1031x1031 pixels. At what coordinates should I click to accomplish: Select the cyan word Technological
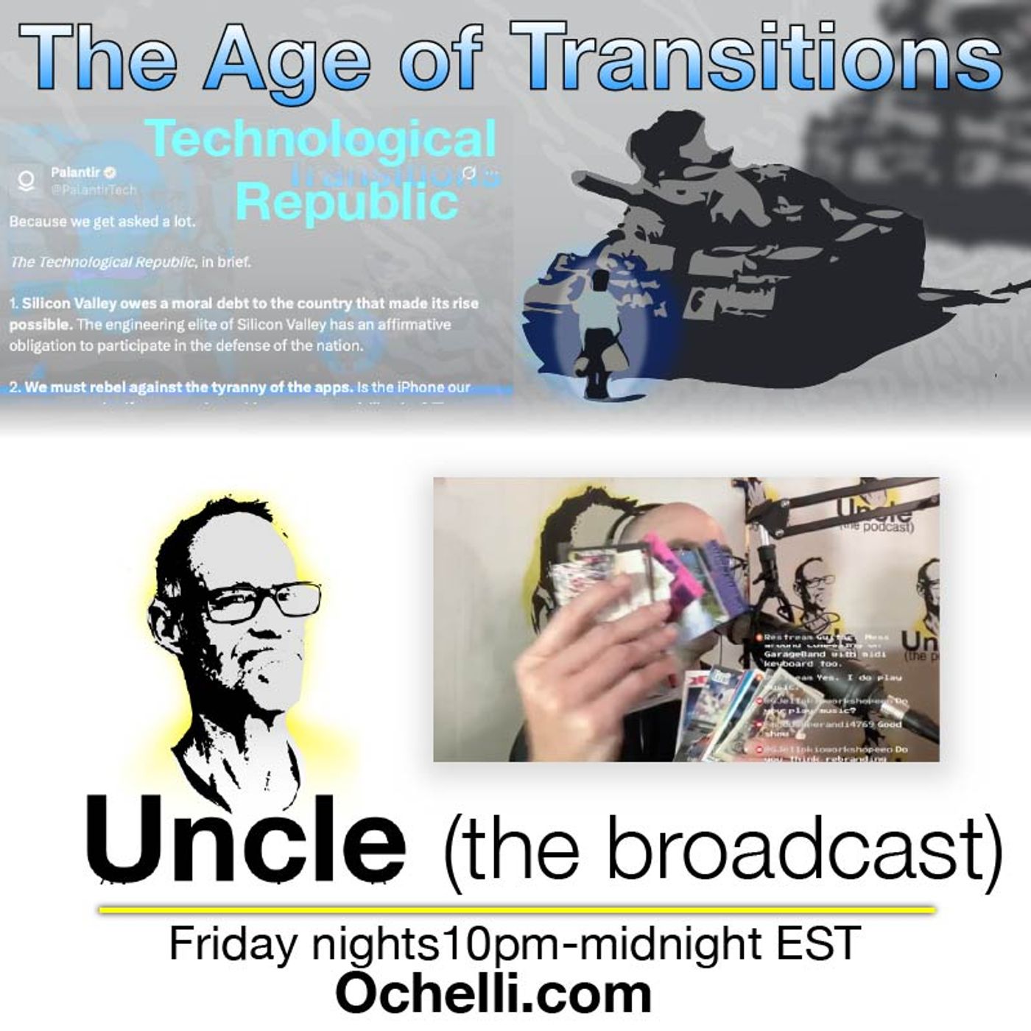[320, 140]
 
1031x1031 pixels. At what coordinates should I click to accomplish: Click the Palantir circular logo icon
[27, 179]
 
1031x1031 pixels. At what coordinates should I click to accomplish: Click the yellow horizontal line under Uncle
[515, 910]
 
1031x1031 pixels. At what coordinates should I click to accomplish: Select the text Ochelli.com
[493, 994]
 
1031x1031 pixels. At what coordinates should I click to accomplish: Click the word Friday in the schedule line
[232, 944]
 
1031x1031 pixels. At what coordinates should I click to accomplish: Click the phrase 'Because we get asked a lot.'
[102, 220]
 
